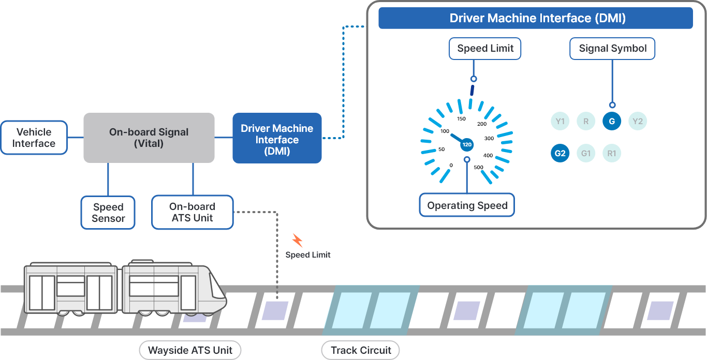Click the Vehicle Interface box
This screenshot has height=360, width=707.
tap(34, 138)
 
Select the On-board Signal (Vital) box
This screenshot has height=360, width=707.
tap(149, 138)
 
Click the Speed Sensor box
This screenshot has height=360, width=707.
tap(108, 213)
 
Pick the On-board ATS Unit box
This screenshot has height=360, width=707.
tap(192, 212)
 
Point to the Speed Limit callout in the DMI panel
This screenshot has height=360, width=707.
tap(485, 49)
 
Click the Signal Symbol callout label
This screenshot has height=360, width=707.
tap(612, 49)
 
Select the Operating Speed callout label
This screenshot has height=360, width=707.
tap(467, 205)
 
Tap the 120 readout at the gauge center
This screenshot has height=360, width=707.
tap(467, 144)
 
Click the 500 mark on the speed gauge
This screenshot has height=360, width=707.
tap(479, 167)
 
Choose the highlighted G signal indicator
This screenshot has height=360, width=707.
tap(612, 122)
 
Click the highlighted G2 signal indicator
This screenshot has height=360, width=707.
tap(560, 154)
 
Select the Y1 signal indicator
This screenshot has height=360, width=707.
tap(560, 122)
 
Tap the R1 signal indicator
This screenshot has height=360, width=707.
tap(612, 154)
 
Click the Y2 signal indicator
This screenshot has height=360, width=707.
tap(638, 122)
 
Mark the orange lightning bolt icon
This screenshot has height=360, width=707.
tap(297, 240)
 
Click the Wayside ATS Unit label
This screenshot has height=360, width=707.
tap(190, 350)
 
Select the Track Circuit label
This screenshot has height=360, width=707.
tap(360, 350)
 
